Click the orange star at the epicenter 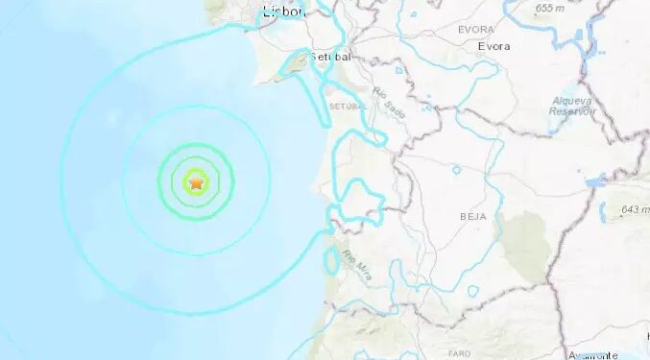tap(197, 180)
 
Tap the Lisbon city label tap(283, 12)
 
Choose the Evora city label tap(494, 46)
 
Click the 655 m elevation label tap(549, 8)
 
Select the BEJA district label tap(471, 217)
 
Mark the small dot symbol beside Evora tap(473, 46)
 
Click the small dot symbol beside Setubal tap(311, 57)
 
